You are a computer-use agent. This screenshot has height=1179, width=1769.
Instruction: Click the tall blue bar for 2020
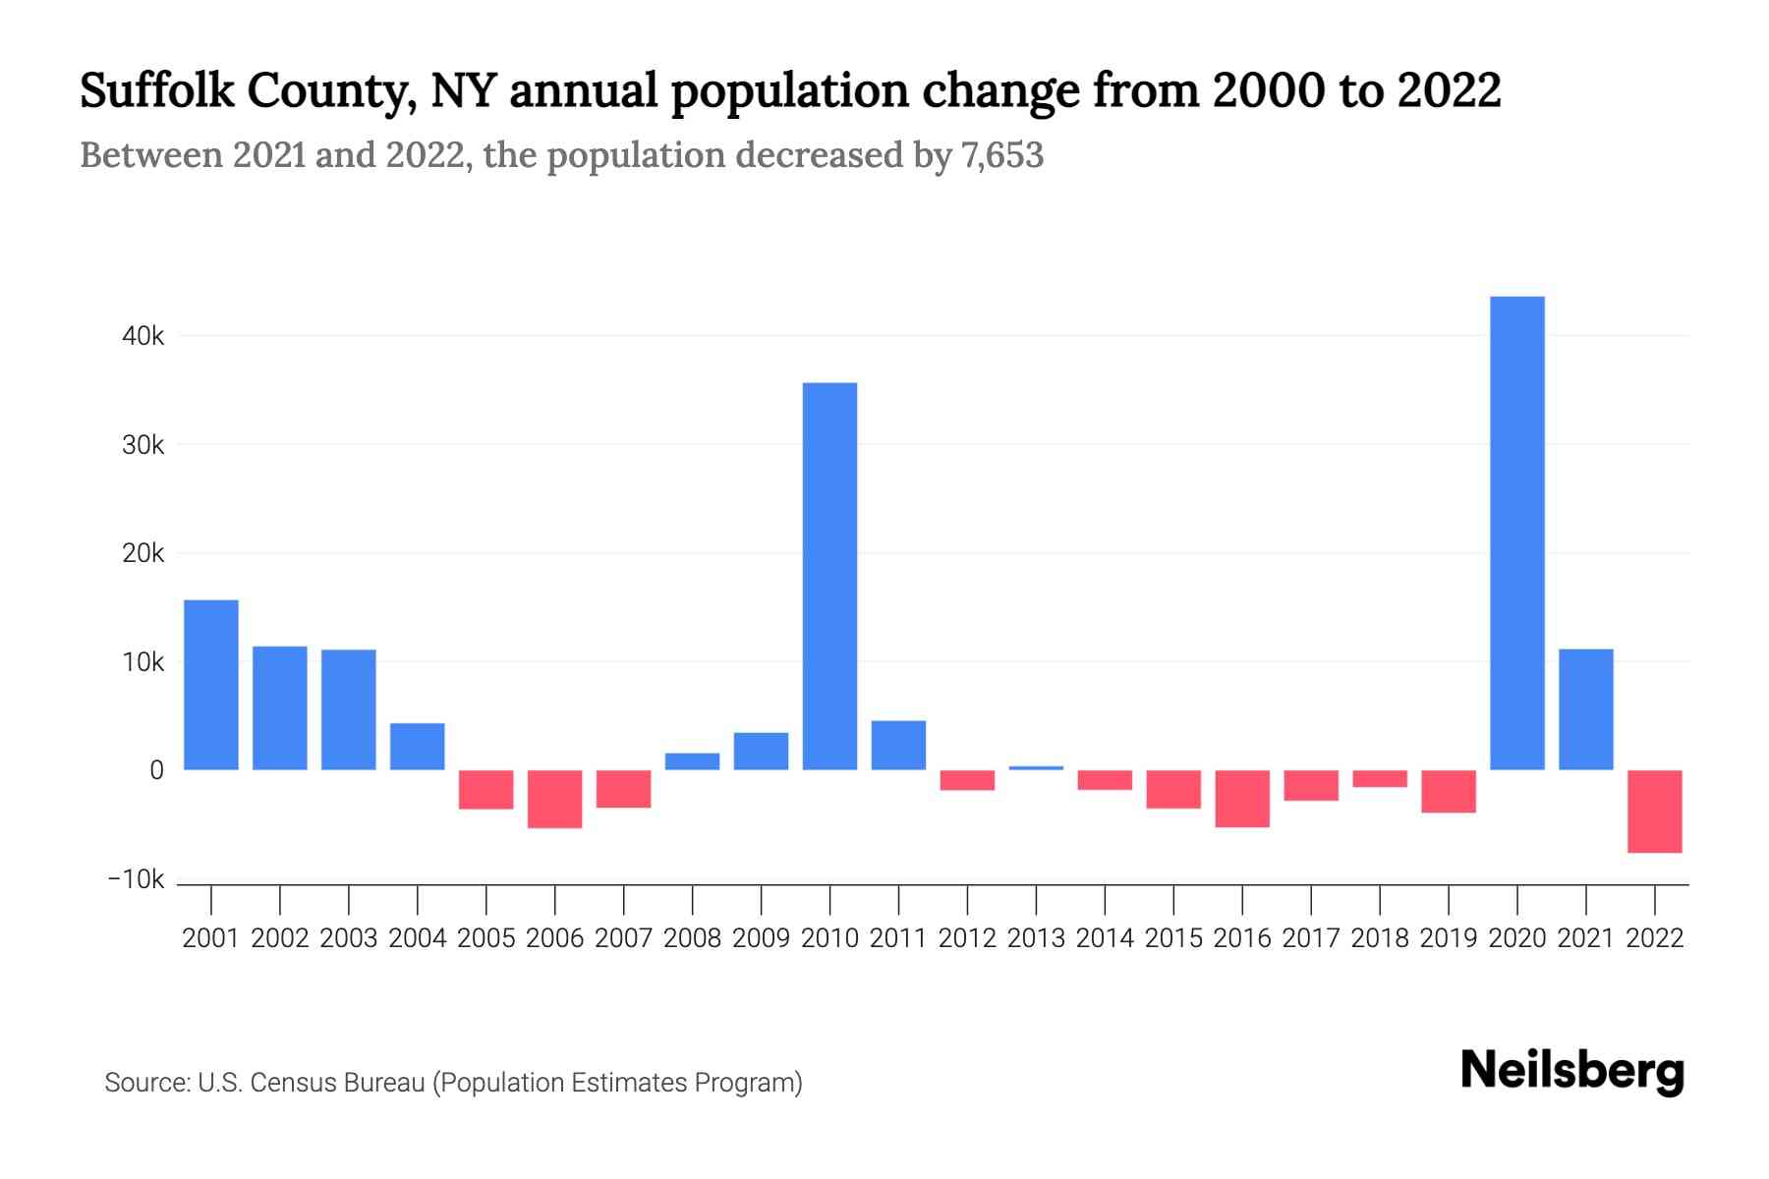pos(1516,533)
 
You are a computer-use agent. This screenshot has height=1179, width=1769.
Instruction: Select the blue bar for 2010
pos(829,576)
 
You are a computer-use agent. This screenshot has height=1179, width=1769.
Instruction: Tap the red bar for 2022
pos(1654,811)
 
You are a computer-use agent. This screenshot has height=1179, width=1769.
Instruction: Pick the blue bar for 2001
pos(211,684)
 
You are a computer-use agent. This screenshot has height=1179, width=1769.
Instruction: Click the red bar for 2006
pos(554,799)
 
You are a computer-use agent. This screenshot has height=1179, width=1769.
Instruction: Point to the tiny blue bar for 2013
pos(1036,767)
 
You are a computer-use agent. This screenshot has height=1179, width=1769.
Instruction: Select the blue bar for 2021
pos(1585,708)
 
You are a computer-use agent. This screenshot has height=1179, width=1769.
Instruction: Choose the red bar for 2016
pos(1242,798)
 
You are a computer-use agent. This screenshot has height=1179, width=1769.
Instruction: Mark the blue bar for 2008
pos(692,760)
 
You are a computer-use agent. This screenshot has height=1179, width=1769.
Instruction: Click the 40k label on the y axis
pos(143,336)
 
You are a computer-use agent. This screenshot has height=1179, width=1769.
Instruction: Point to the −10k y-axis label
pos(136,879)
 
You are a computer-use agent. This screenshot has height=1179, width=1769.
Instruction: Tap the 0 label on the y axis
pos(156,770)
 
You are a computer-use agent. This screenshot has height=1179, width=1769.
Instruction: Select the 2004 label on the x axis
pos(417,938)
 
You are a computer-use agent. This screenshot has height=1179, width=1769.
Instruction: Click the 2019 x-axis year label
pos(1448,938)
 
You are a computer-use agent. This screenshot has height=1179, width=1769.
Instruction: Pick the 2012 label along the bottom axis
pos(967,938)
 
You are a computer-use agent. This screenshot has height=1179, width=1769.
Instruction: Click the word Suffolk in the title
pos(157,90)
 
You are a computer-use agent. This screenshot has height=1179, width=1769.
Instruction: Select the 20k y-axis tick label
pos(143,553)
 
